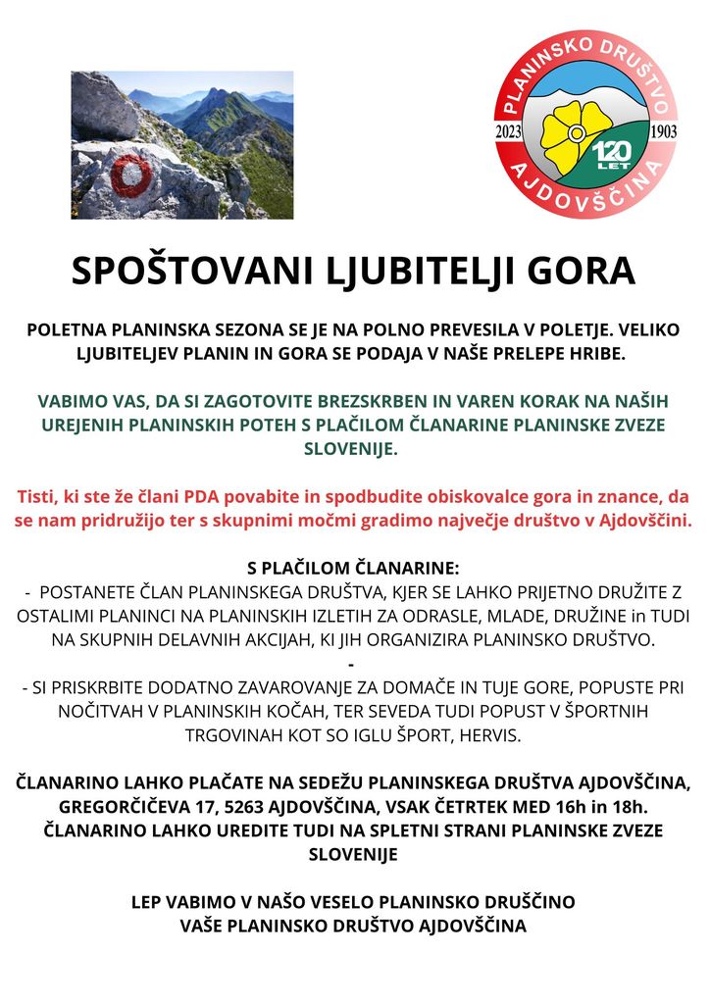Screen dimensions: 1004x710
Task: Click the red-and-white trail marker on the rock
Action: click(131, 175)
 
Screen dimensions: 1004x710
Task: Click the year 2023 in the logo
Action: click(510, 131)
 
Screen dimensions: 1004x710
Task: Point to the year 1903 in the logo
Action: click(664, 131)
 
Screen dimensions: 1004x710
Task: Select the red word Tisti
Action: click(37, 494)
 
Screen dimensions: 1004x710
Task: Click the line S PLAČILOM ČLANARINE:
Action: click(354, 569)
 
